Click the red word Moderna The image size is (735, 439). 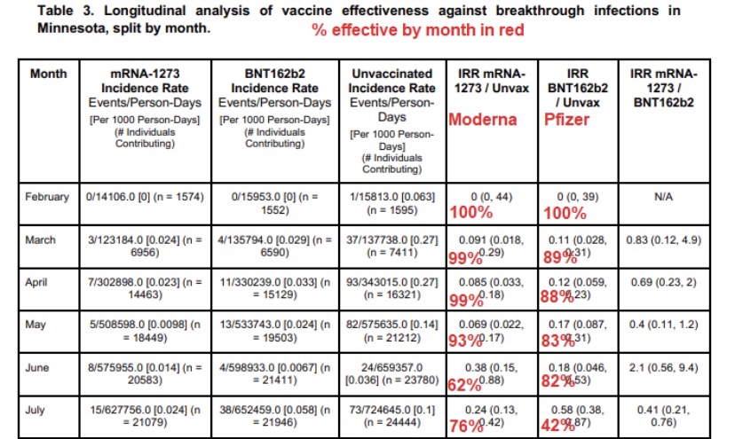tap(483, 119)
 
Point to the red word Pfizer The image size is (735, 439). tap(567, 119)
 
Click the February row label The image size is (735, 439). tap(47, 197)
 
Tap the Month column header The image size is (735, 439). tap(48, 74)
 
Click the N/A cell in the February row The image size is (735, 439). tap(663, 197)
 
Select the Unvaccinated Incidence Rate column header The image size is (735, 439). tap(391, 81)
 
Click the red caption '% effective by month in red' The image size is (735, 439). tap(417, 30)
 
